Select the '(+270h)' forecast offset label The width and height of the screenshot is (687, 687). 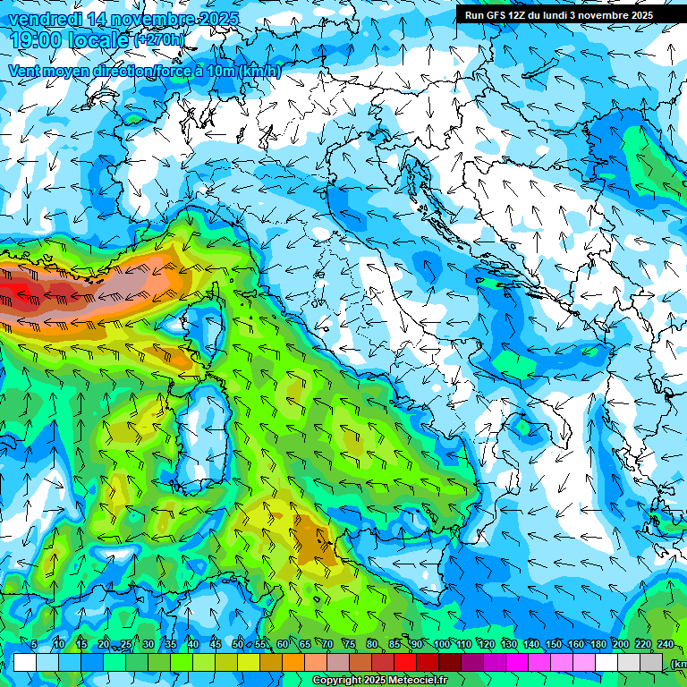point(159,40)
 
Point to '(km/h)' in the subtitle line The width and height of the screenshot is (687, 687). point(259,71)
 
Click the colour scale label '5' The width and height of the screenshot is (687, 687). point(34,645)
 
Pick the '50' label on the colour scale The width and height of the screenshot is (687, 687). point(237,645)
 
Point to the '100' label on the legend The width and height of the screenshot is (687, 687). point(441,645)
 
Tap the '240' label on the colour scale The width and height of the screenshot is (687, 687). point(665,645)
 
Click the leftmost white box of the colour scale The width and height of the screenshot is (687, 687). point(25,662)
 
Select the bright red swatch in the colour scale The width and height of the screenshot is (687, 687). point(405,662)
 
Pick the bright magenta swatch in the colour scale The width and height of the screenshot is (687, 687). point(517,662)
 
